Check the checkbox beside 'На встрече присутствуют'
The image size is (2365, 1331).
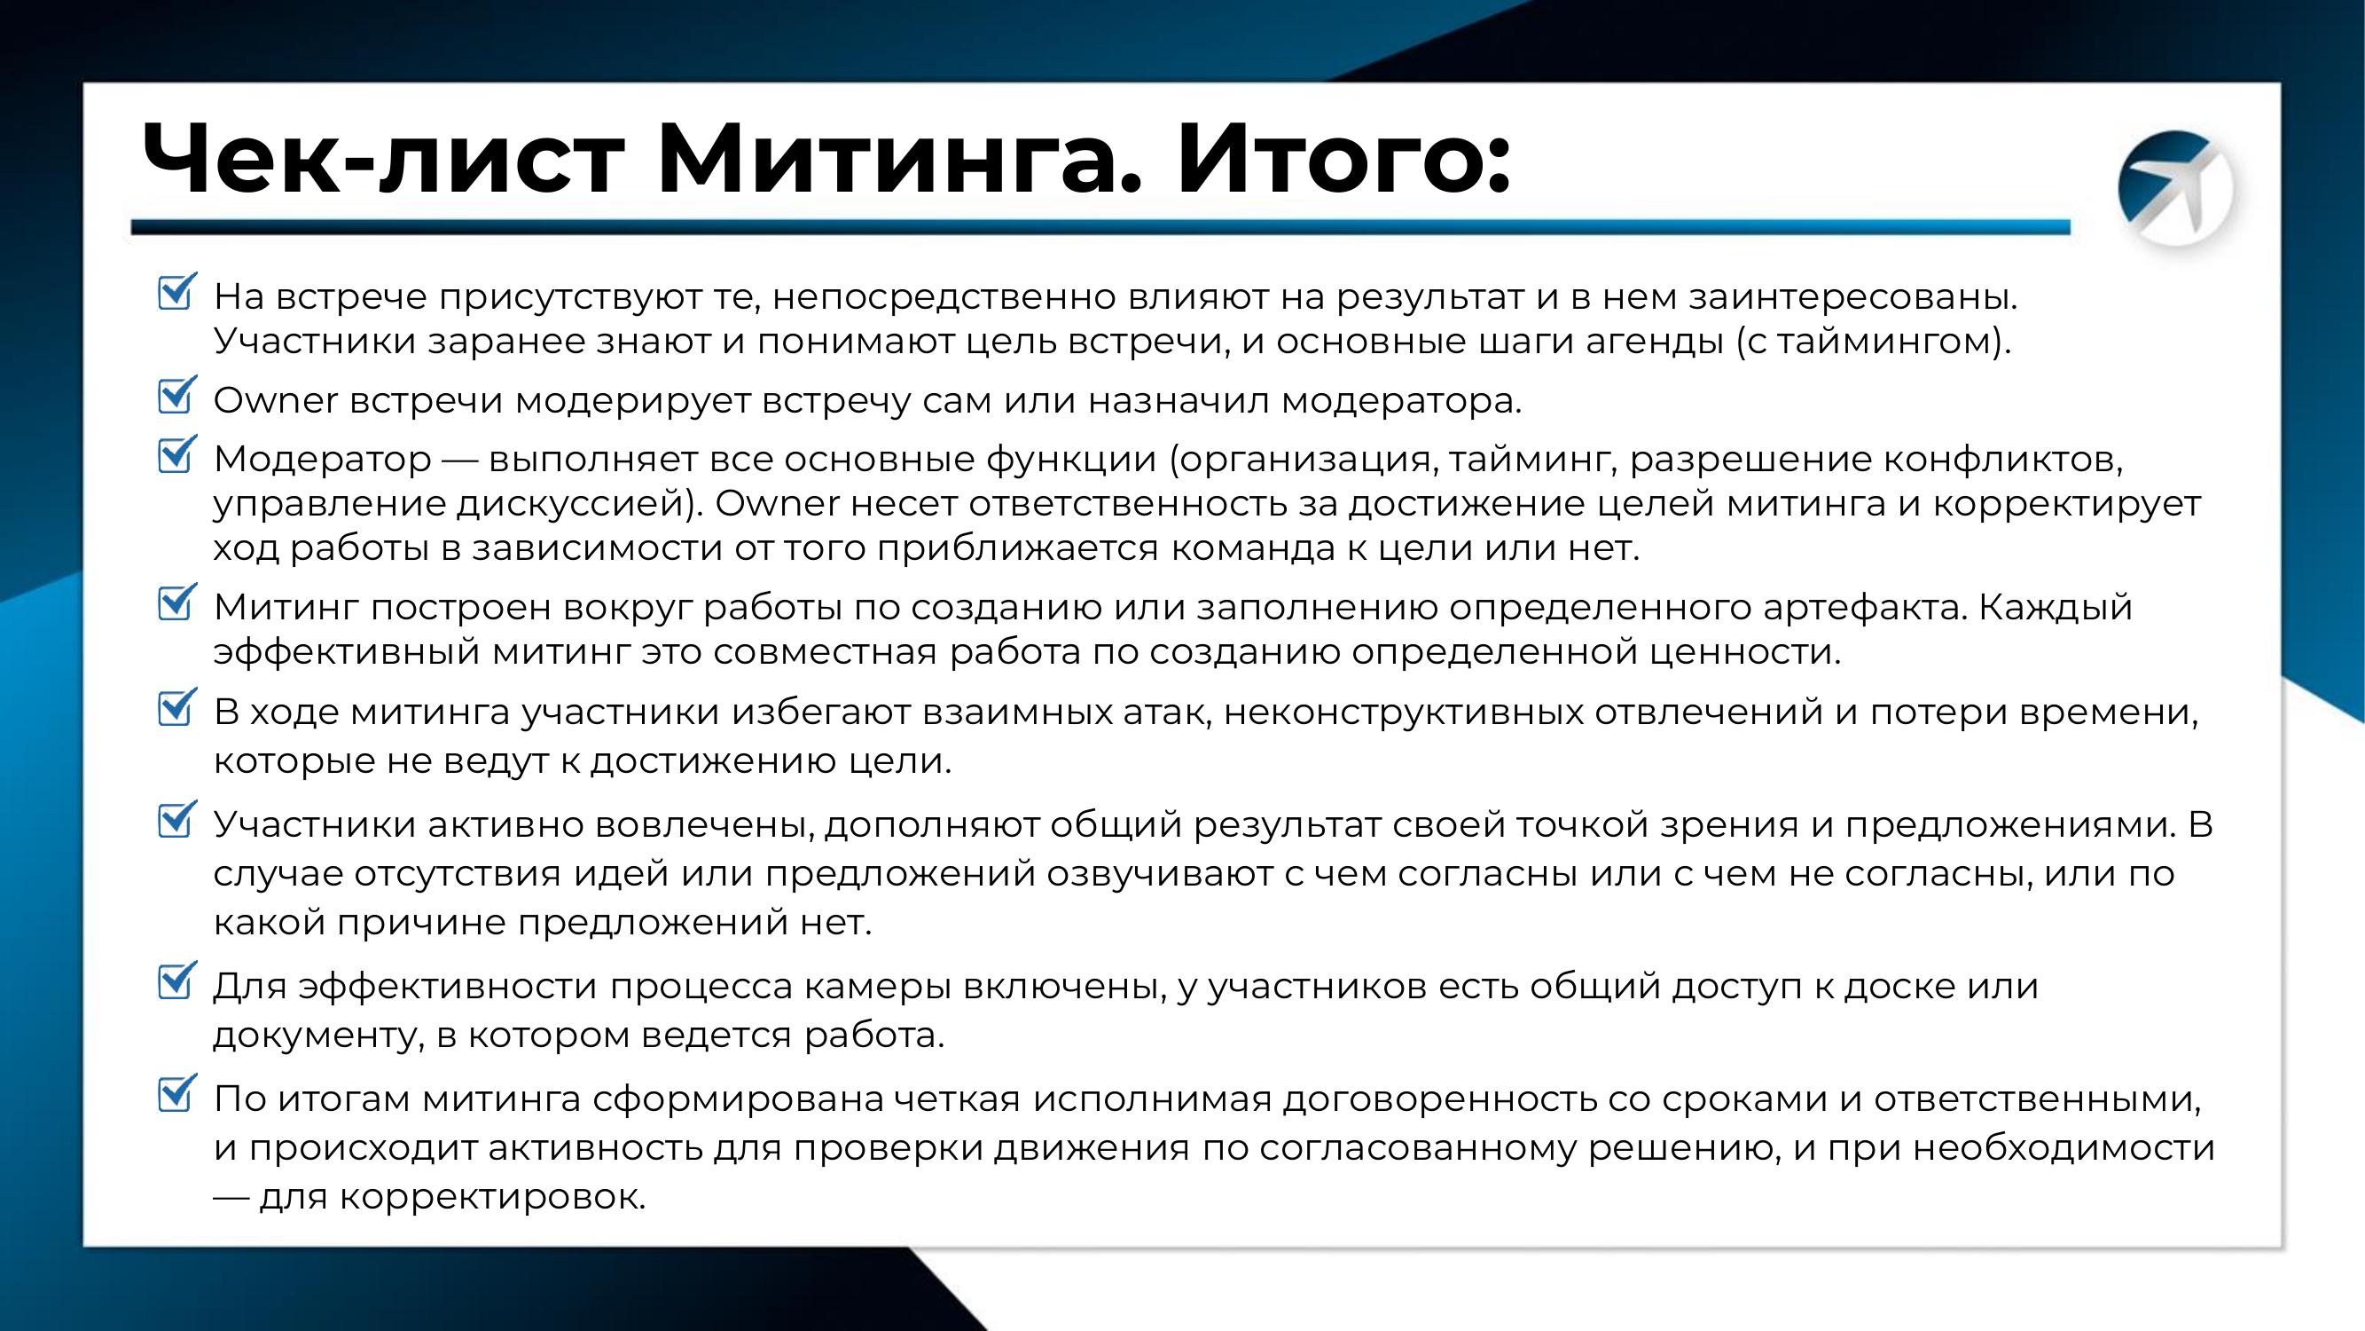tap(176, 292)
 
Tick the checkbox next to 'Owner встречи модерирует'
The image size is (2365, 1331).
tap(176, 395)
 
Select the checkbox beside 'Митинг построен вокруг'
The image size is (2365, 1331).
tap(176, 602)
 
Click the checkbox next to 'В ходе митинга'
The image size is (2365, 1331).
tap(176, 708)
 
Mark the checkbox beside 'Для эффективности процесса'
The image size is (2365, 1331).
tap(176, 981)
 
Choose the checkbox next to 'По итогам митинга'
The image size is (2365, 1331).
tap(176, 1094)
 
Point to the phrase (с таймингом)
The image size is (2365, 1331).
tap(1873, 342)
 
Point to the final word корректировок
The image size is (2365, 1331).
tap(492, 1198)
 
